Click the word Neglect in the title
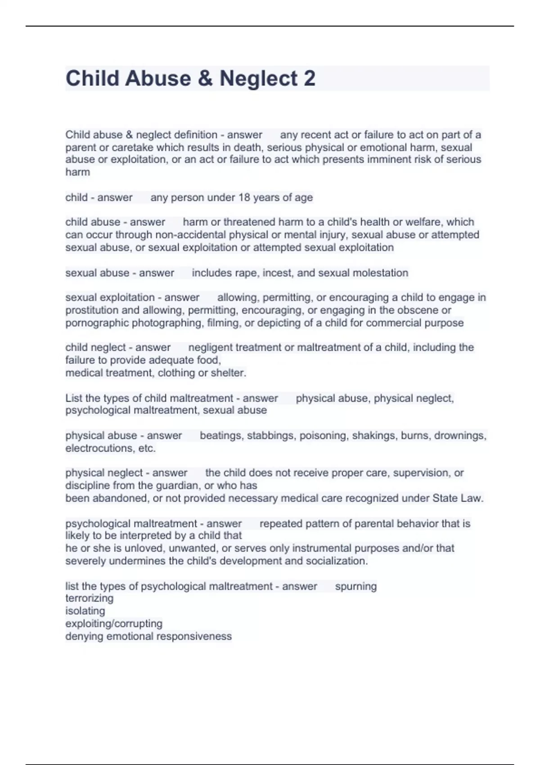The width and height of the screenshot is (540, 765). [x=258, y=79]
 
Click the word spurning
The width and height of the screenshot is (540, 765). [x=356, y=586]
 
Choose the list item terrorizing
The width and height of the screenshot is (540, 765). [x=89, y=598]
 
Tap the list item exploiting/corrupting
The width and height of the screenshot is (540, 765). [x=114, y=624]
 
